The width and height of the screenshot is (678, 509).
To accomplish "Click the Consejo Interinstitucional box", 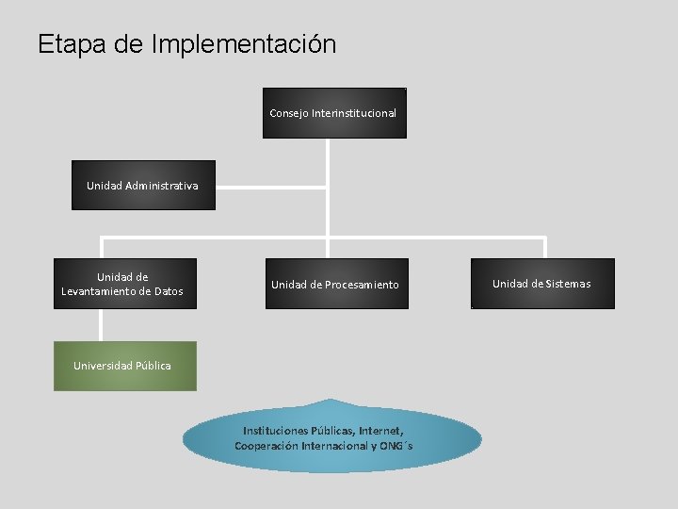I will click(334, 113).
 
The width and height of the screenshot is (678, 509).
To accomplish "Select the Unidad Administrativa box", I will click(143, 185).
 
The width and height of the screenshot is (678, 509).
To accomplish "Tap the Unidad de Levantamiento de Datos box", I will click(125, 284).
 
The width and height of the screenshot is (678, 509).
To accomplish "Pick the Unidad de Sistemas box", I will click(542, 284).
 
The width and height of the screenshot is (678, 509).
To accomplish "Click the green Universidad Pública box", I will click(125, 366).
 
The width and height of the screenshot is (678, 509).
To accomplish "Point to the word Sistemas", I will click(568, 284).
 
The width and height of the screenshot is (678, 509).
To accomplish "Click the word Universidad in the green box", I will click(104, 366).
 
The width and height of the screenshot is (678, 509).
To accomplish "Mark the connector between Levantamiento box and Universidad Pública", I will click(100, 325).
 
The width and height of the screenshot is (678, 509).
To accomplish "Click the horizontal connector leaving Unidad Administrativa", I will click(271, 186).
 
